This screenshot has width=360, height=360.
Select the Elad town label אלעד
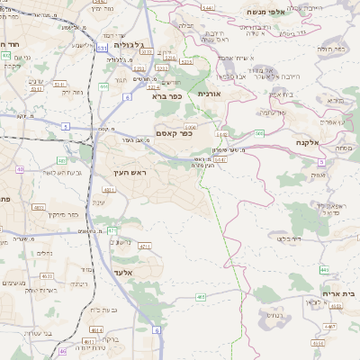122,272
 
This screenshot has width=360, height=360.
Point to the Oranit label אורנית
208,94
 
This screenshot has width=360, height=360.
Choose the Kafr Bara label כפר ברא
166,94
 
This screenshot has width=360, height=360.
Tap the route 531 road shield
103,48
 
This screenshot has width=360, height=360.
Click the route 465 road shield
201,296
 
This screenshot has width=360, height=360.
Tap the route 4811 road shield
108,191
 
